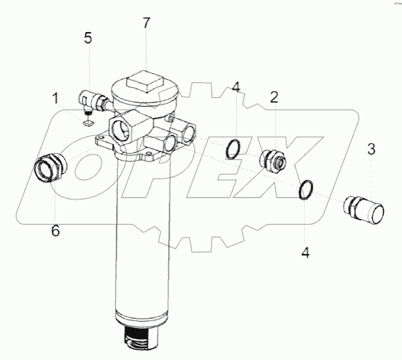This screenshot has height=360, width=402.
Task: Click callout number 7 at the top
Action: pos(146,23)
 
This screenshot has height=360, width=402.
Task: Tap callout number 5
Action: pos(88,38)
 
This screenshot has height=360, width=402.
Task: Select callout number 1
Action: pos(55,99)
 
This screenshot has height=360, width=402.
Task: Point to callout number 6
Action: pos(55,230)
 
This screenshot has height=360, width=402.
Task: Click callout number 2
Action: pos(274,97)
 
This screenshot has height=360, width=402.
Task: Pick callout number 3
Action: pos(371,149)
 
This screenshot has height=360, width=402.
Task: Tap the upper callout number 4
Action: pos(236,87)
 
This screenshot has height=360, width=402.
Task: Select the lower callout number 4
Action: pos(306,252)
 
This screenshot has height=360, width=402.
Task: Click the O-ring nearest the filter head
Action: pos(227,149)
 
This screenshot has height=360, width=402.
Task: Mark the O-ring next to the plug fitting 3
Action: pos(300,190)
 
